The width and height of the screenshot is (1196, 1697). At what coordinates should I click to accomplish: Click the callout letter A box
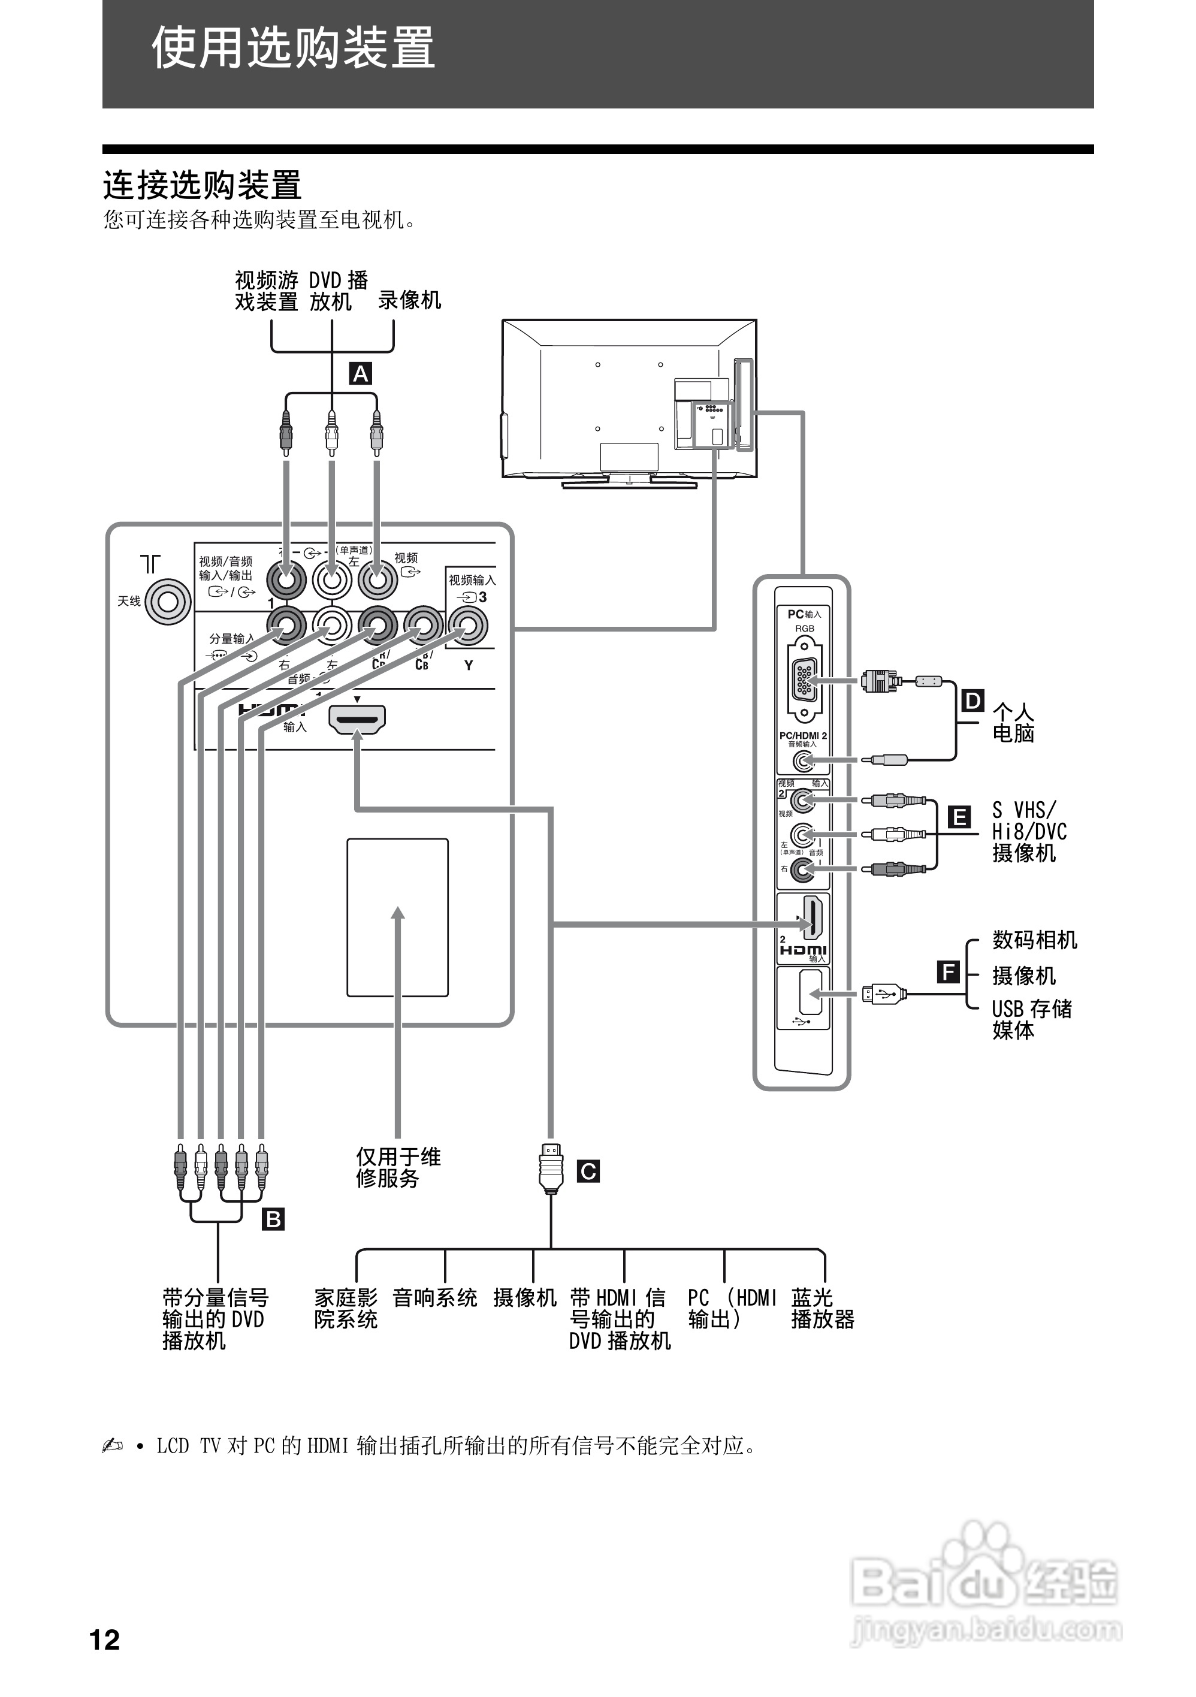(360, 374)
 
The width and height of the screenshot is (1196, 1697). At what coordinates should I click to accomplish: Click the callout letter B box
(273, 1219)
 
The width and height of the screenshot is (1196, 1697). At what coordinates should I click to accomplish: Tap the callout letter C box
(588, 1171)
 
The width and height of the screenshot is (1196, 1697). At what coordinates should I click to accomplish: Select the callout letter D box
(972, 700)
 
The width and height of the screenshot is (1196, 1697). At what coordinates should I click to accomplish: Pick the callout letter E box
(959, 817)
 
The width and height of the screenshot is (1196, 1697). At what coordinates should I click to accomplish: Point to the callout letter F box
(949, 971)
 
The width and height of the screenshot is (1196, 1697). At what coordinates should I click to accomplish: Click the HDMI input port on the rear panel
(357, 718)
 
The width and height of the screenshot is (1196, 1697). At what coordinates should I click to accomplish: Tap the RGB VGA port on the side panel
(804, 681)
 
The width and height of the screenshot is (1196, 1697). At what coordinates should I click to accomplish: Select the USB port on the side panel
(810, 994)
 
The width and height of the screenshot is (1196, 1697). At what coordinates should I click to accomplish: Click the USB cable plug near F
(884, 994)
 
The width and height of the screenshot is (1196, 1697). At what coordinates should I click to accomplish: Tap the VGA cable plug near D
(880, 680)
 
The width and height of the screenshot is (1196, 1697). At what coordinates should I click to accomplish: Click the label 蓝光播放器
(822, 1308)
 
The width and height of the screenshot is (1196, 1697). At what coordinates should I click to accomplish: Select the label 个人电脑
(1013, 723)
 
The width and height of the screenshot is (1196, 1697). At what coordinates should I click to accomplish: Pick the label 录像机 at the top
(409, 300)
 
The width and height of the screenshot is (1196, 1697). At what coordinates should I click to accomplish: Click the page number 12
(104, 1639)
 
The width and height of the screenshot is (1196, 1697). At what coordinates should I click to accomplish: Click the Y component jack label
(468, 665)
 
